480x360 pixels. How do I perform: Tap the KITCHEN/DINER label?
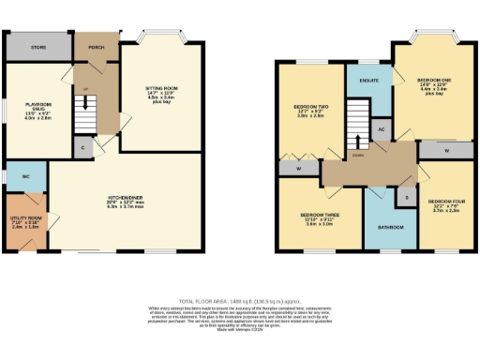(x=125, y=199)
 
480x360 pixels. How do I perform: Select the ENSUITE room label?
(x=368, y=81)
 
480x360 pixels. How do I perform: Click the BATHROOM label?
(x=391, y=228)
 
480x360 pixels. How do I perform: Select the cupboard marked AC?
(x=382, y=127)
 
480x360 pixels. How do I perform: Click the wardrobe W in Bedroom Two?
(x=296, y=169)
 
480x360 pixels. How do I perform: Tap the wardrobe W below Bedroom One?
(x=445, y=149)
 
